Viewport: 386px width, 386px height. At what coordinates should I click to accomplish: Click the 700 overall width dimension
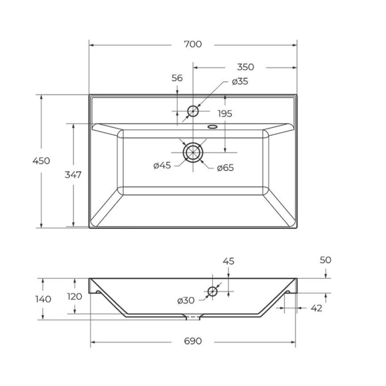[193, 44]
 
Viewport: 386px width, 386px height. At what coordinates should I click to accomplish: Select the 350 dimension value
[245, 67]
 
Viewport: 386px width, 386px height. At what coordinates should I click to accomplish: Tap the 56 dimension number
[177, 78]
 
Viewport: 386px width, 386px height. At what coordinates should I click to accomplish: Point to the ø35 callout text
[240, 81]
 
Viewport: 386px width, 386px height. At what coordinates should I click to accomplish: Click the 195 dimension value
[225, 114]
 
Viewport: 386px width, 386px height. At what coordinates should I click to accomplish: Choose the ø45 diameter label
[162, 166]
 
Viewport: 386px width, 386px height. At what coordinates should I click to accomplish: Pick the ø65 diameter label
[225, 168]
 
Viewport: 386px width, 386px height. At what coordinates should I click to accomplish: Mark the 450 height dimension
[41, 161]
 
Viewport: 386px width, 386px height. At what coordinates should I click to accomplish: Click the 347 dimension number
[73, 175]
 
